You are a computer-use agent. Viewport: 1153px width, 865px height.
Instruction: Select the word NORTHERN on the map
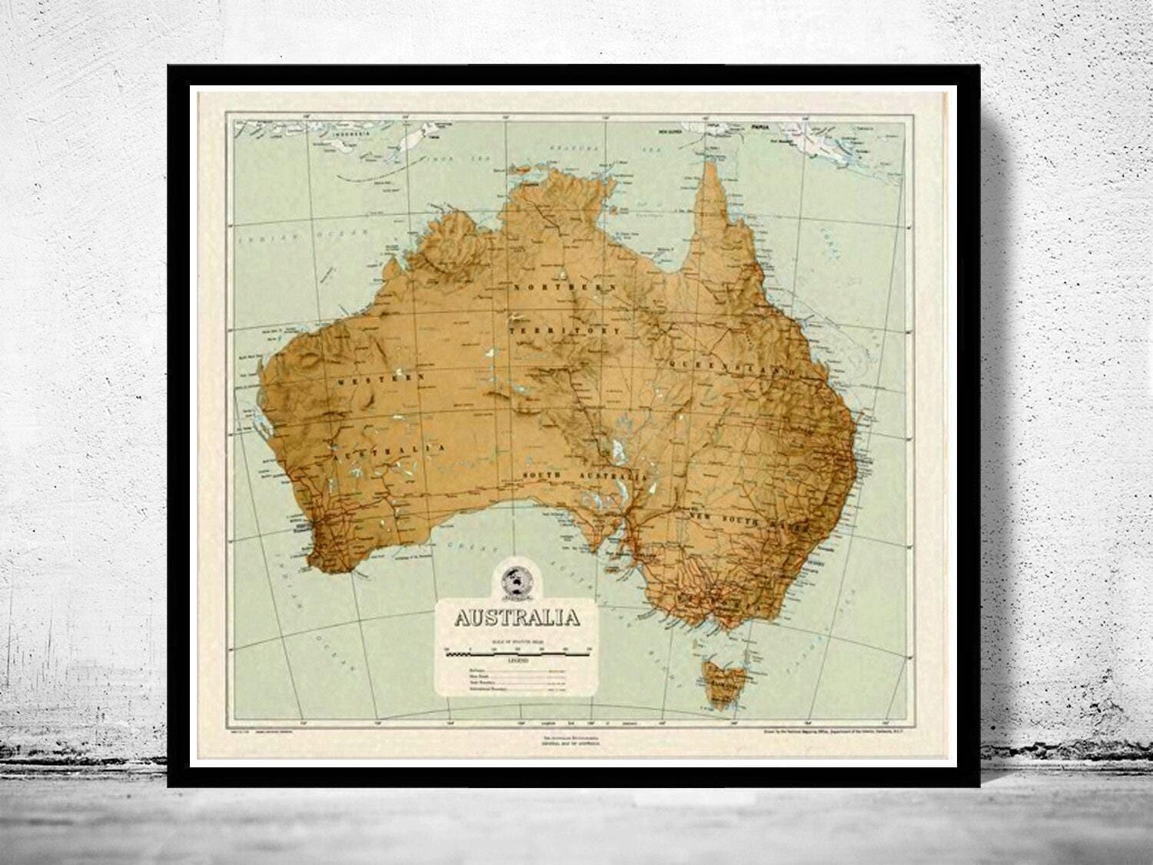[567, 286]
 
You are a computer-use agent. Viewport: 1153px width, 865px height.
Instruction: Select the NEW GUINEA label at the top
[670, 131]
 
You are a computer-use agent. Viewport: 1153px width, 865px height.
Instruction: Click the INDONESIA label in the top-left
[339, 131]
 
